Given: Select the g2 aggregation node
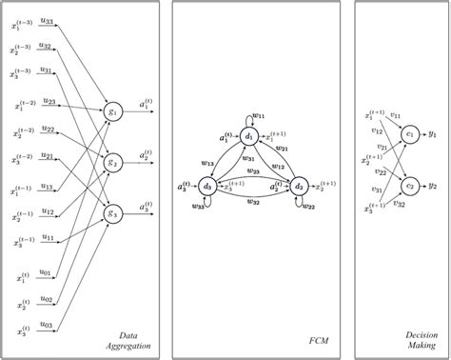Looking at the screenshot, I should (114, 159).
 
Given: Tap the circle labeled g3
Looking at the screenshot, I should (114, 210).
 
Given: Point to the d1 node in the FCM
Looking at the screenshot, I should (248, 138).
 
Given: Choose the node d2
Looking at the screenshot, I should (297, 185).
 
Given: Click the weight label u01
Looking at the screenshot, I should (46, 272).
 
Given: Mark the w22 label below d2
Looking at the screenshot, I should (309, 207).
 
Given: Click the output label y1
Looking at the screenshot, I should (435, 133).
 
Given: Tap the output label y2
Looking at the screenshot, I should (435, 185).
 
